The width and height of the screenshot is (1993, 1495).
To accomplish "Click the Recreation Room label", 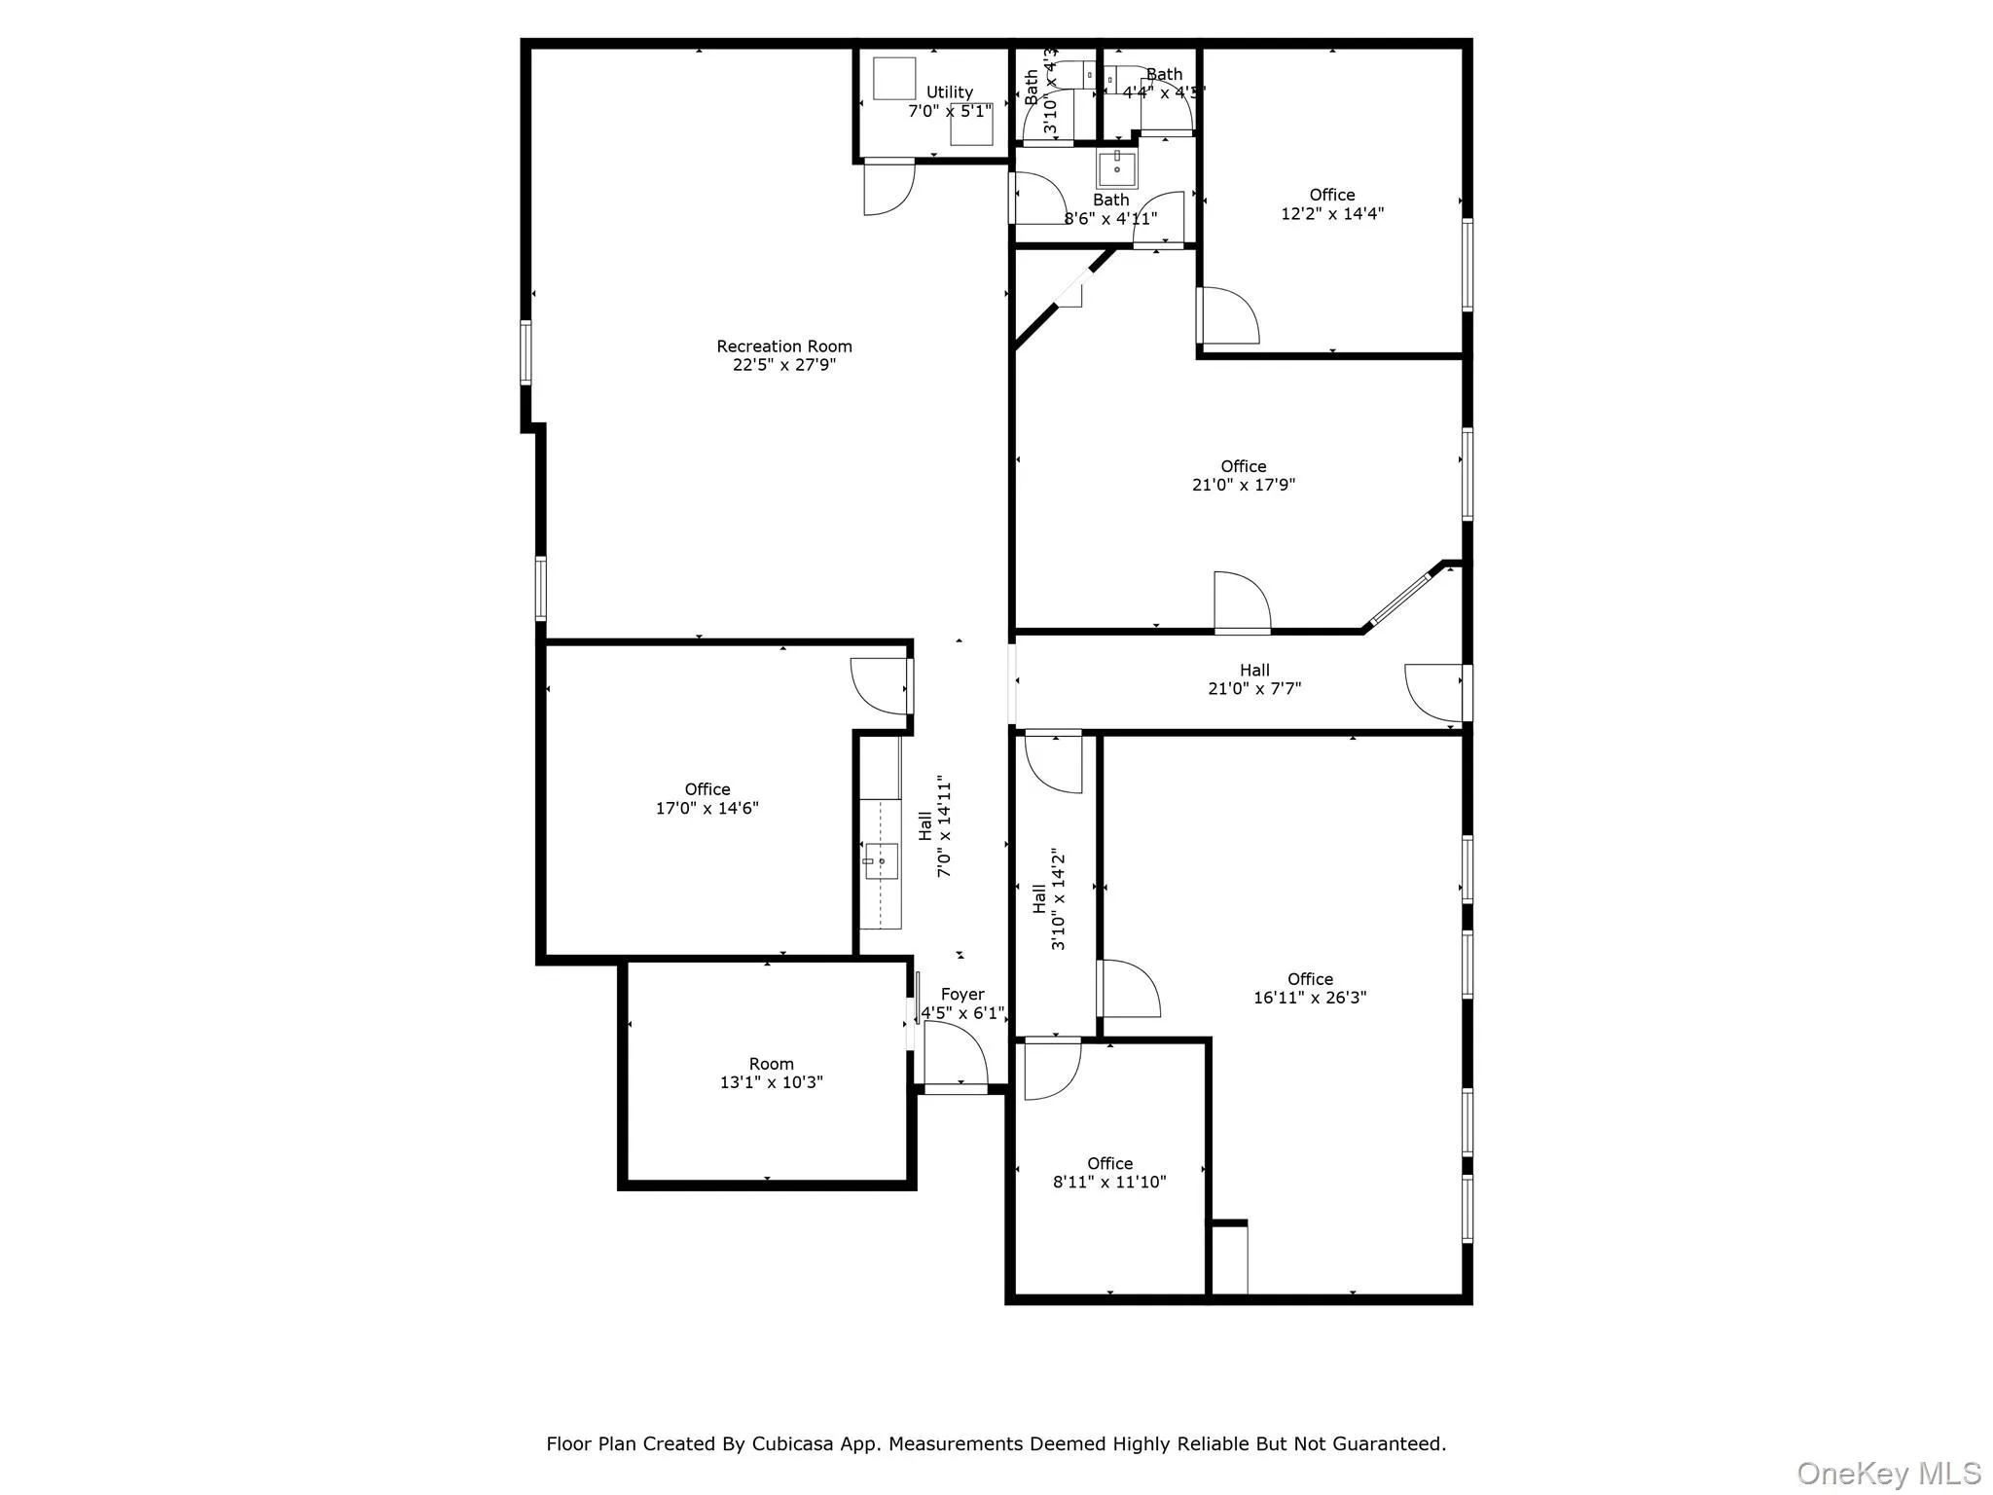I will point(783,346).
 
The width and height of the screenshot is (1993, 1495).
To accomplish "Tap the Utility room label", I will point(949,92).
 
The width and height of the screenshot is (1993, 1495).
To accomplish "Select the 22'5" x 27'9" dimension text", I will point(783,365).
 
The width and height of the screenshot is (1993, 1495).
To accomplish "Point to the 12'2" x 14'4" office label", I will point(1331,204).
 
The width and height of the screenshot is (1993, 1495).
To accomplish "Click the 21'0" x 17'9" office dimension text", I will point(1243,485).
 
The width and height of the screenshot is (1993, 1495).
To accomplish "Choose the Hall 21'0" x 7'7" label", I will point(1253,679).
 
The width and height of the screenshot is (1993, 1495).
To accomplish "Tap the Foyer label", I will point(961,995).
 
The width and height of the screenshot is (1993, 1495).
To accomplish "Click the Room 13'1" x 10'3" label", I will point(771,1073).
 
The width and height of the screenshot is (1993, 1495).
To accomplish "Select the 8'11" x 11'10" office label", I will point(1109,1173).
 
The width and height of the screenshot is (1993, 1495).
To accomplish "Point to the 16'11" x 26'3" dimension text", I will point(1309,998).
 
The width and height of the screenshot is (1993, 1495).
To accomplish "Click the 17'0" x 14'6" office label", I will point(707,799).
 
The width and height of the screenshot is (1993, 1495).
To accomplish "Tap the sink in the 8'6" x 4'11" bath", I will point(1116,169).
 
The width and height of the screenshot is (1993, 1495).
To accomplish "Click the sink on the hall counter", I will point(881,861).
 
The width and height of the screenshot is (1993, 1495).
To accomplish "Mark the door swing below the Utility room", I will point(887,187).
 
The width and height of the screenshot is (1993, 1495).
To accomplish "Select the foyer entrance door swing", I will point(955,1054).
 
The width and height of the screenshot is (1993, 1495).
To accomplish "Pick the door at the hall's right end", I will point(1433,692).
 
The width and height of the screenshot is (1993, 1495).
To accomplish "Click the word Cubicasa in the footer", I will point(791,1443).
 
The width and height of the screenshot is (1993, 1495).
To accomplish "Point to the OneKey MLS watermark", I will point(1888,1474).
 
